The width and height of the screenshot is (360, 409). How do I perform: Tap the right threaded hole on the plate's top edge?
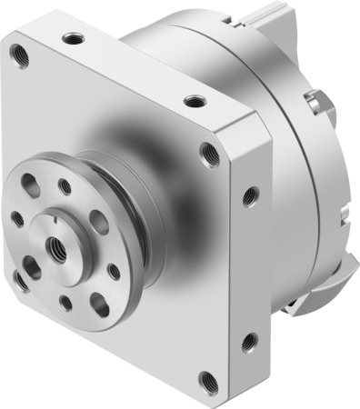(192, 100)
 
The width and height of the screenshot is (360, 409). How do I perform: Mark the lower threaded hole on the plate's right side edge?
(246, 342)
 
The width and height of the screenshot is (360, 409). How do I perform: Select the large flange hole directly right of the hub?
(99, 221)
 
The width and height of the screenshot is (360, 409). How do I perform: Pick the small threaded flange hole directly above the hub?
(65, 187)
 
